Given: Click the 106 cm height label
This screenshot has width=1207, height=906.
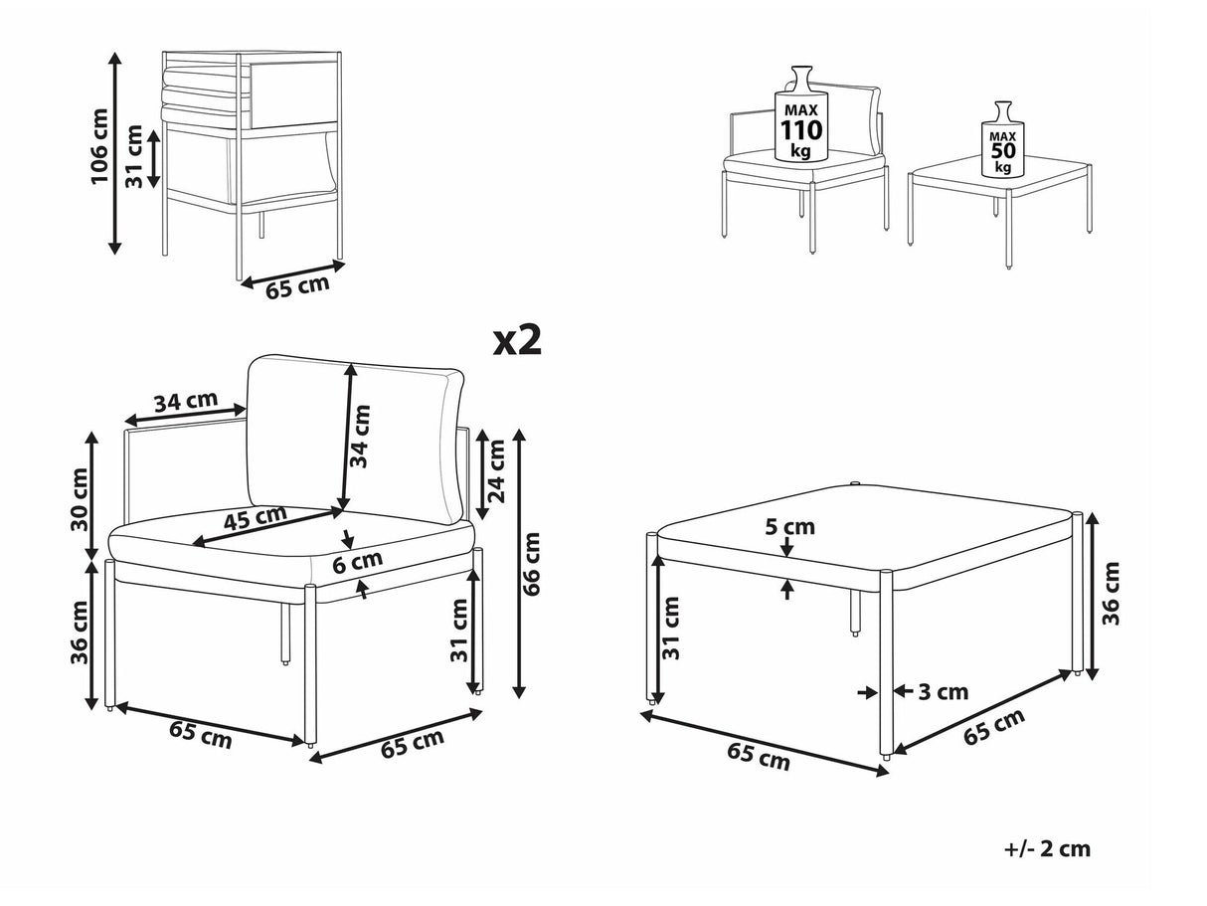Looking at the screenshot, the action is (99, 147).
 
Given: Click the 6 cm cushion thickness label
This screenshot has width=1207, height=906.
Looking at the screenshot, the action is (357, 561).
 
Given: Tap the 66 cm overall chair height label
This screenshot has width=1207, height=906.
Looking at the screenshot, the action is (532, 564).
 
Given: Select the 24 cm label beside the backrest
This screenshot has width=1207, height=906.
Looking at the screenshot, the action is (496, 470).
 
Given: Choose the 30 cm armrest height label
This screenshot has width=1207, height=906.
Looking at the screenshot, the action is (80, 499).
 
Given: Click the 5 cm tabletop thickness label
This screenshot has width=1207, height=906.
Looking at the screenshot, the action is (789, 527).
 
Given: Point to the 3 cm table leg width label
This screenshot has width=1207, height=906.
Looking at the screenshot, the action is (944, 692).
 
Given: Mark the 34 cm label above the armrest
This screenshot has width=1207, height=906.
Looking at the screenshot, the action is (186, 401).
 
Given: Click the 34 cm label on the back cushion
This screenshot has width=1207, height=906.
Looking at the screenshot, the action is (360, 436).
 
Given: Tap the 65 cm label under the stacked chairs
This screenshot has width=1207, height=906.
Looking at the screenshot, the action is (297, 286).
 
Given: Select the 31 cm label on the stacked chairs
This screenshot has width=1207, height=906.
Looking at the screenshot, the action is (134, 156).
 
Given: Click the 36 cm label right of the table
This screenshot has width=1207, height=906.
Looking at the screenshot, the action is (1111, 594).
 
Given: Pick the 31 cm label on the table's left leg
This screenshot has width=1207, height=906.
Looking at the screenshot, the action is (670, 628).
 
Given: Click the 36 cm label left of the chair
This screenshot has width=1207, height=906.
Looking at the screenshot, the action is (80, 633).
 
